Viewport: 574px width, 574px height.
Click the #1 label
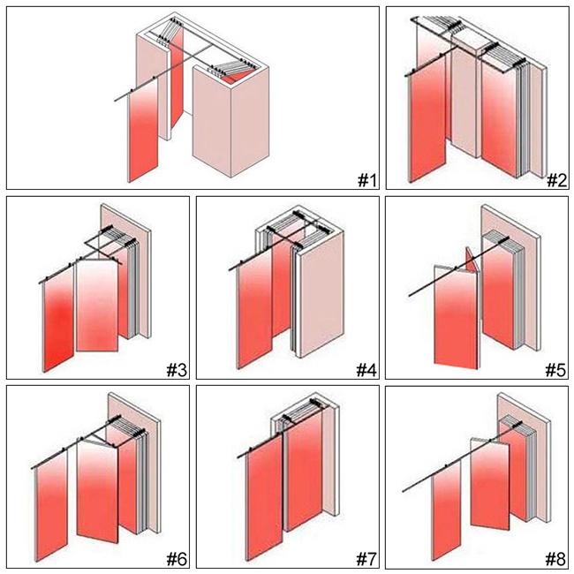[366, 180]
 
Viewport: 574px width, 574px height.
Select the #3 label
[175, 369]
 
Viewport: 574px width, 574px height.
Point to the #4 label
[366, 369]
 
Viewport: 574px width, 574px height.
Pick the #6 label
[175, 558]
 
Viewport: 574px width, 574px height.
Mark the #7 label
[366, 558]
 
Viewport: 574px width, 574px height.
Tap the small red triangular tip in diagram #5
[472, 261]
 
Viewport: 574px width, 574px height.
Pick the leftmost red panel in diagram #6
[55, 495]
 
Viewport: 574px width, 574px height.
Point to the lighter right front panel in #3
[97, 305]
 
